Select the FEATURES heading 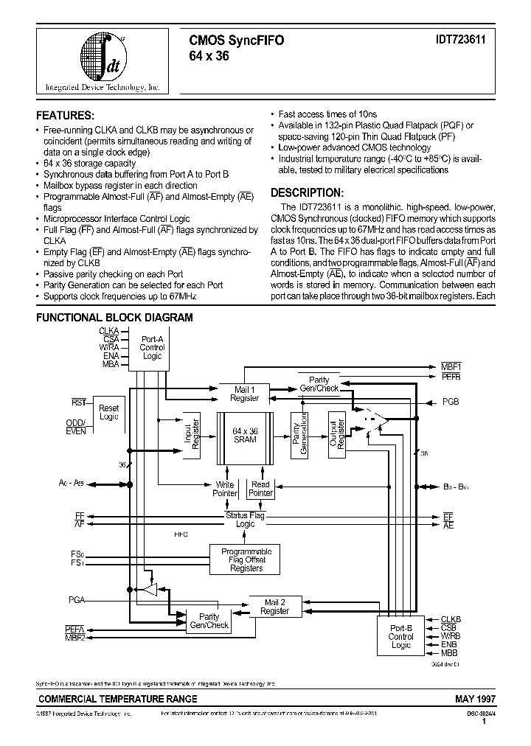pyautogui.click(x=66, y=116)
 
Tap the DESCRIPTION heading pyautogui.click(x=306, y=193)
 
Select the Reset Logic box pyautogui.click(x=108, y=412)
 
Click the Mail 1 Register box pyautogui.click(x=244, y=393)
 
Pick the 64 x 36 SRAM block pyautogui.click(x=244, y=435)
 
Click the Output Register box pyautogui.click(x=336, y=435)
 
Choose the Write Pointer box pyautogui.click(x=225, y=489)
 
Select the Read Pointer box pyautogui.click(x=260, y=489)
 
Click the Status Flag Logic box pyautogui.click(x=246, y=519)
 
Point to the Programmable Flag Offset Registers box pyautogui.click(x=246, y=560)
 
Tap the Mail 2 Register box pyautogui.click(x=274, y=607)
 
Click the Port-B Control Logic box pyautogui.click(x=400, y=636)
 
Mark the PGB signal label pyautogui.click(x=451, y=402)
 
